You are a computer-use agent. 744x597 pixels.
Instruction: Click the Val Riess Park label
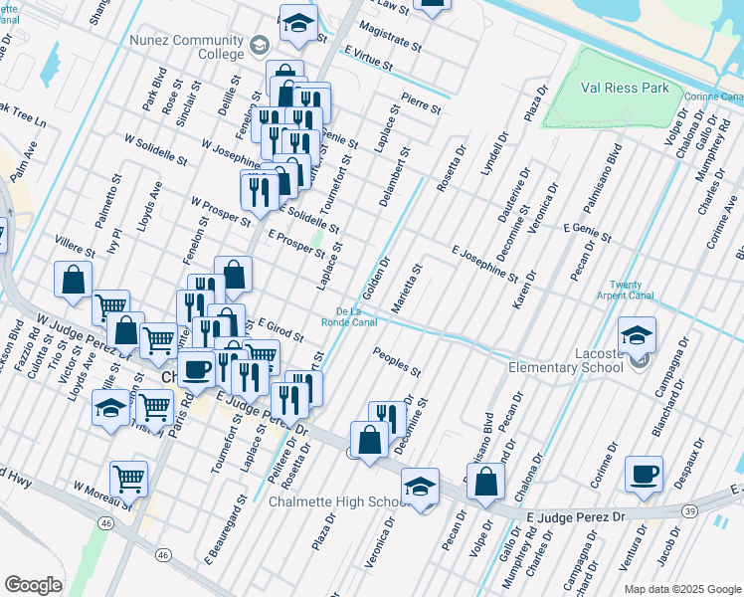(x=626, y=88)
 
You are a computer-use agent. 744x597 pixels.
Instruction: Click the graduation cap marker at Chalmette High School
(x=420, y=488)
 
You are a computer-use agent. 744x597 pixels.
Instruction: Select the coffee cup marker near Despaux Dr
(x=644, y=474)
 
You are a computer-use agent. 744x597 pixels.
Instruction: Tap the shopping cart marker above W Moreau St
(x=129, y=480)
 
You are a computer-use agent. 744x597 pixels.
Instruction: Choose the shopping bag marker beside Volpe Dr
(x=484, y=483)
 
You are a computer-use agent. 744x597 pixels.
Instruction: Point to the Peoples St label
(x=397, y=360)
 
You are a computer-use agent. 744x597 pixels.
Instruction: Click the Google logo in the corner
(x=34, y=585)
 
